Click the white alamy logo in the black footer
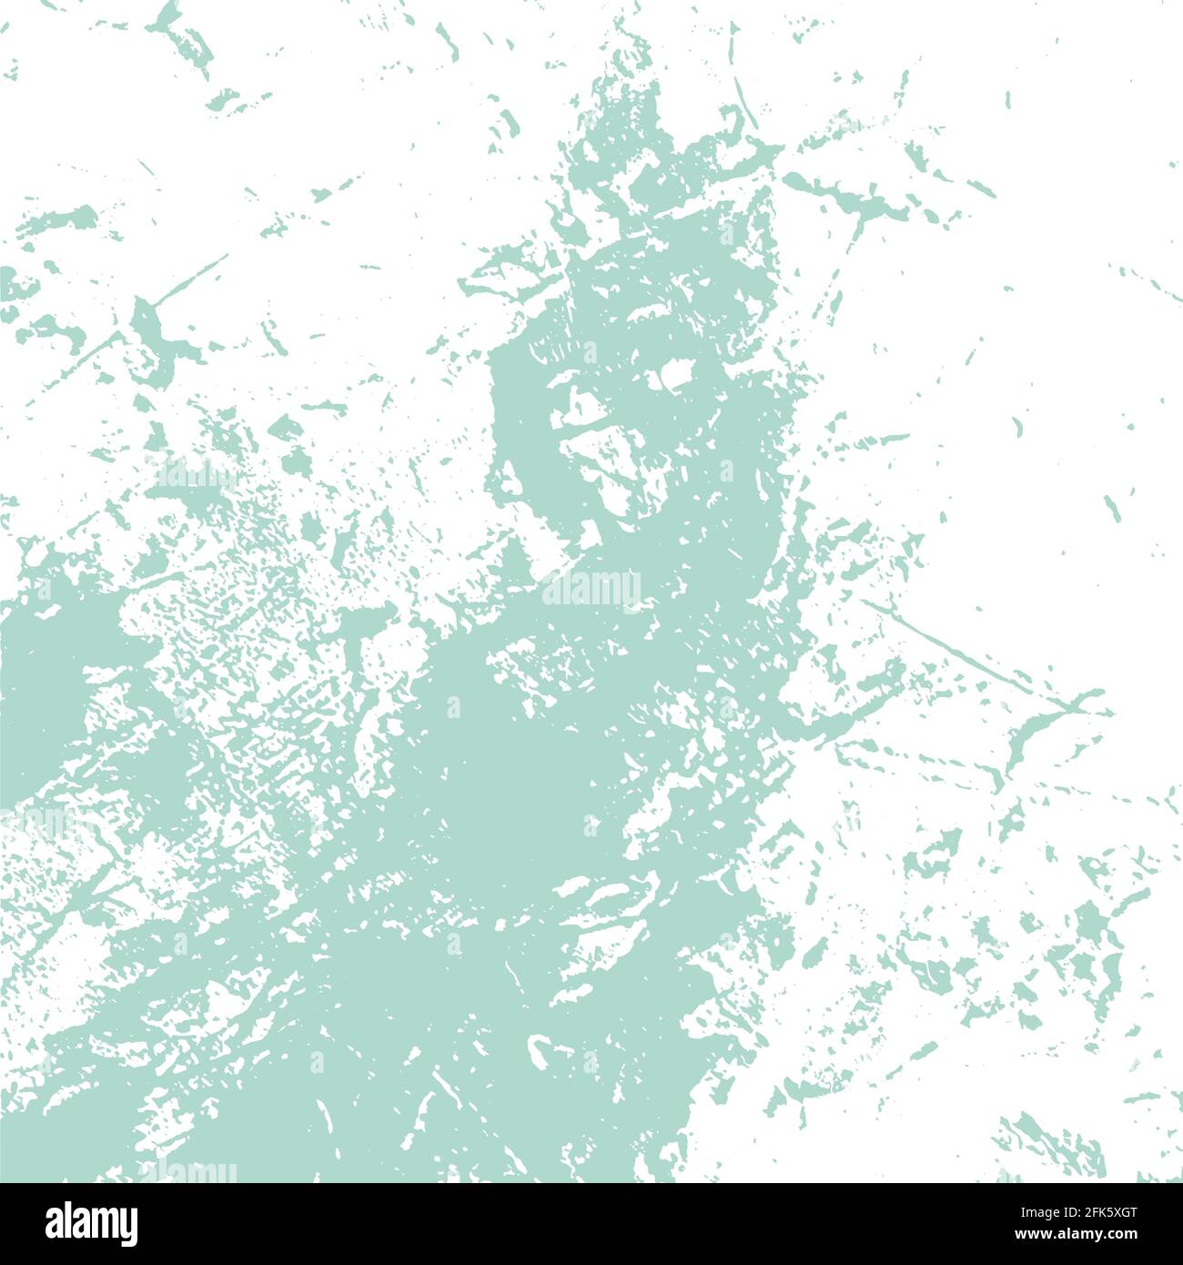coord(92,1223)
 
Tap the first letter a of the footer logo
coord(56,1223)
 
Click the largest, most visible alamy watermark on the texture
coord(591,589)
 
